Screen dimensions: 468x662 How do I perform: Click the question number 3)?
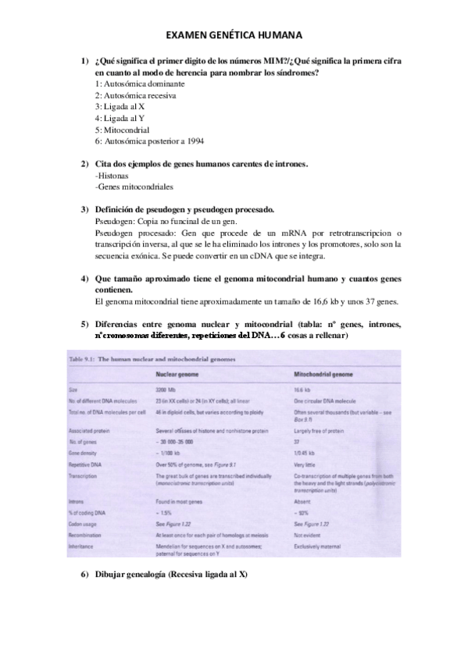click(85, 210)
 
